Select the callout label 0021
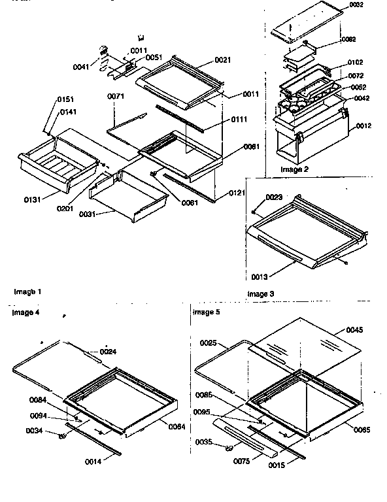click(223, 60)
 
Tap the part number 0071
click(115, 96)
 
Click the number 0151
click(66, 99)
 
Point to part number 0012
click(364, 126)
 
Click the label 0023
click(273, 197)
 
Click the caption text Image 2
click(294, 169)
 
